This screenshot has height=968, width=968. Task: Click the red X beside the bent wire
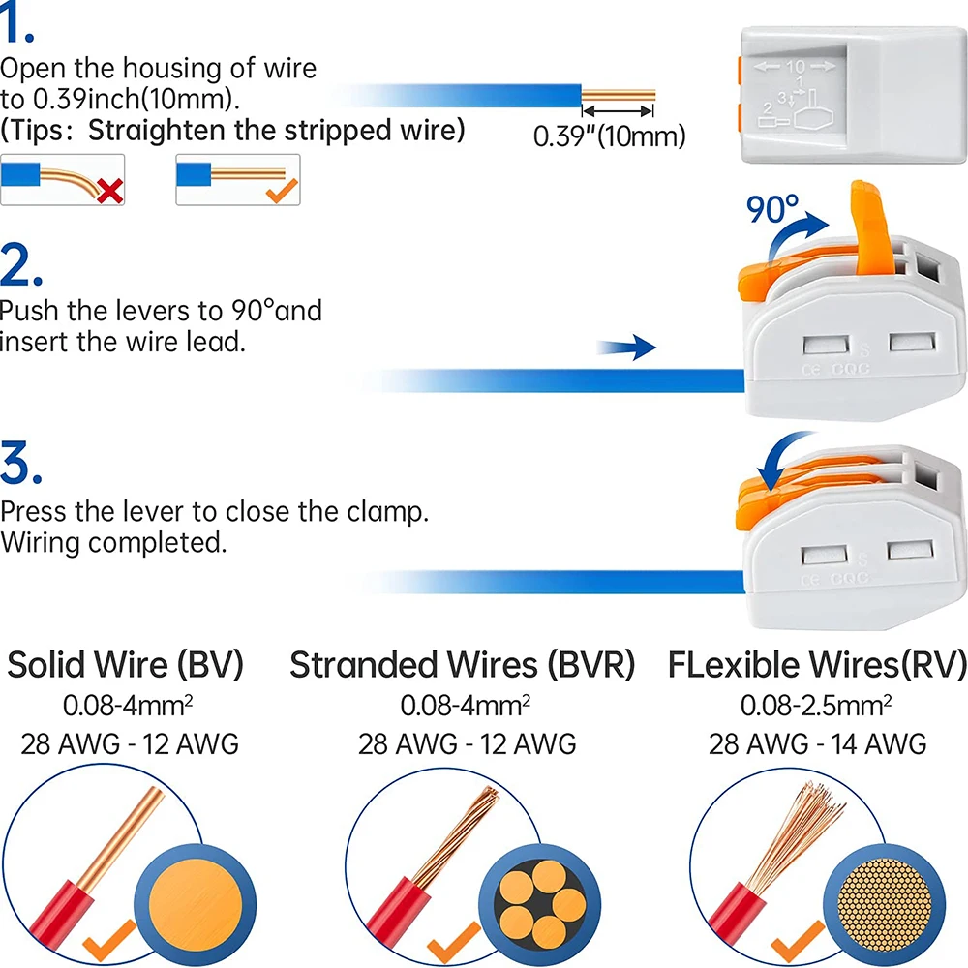(x=110, y=191)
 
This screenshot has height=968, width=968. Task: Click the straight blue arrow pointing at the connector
(x=627, y=347)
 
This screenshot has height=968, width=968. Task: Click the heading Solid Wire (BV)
(x=126, y=665)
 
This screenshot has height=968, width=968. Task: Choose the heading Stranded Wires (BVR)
(x=463, y=665)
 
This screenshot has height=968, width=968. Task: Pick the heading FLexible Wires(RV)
(x=817, y=665)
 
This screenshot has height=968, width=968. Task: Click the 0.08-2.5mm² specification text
(x=817, y=704)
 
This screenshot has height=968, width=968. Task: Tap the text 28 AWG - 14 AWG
(x=817, y=743)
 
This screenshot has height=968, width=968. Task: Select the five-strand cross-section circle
(x=539, y=900)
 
